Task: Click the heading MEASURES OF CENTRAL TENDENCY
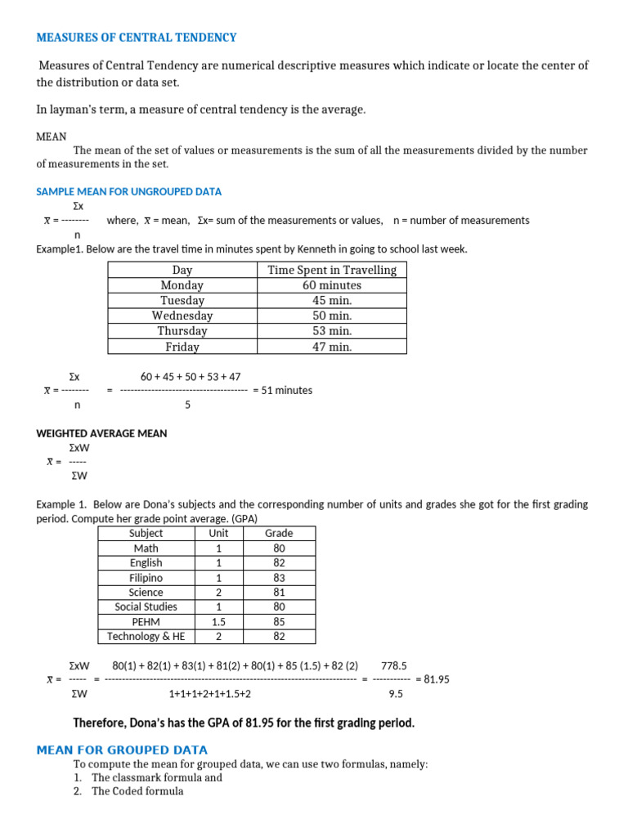(137, 38)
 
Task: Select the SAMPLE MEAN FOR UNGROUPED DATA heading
(129, 191)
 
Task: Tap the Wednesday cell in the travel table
(182, 316)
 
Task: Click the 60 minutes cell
(331, 285)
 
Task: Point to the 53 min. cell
(331, 331)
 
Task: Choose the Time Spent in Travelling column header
(331, 270)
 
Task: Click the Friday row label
(182, 347)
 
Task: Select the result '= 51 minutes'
(283, 390)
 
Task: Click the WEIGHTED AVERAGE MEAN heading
(101, 433)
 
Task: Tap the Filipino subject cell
(146, 578)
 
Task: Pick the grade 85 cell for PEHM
(279, 622)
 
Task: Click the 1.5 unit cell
(218, 622)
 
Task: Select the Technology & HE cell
(146, 637)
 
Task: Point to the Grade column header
(279, 533)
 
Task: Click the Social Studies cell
(146, 607)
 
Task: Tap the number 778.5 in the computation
(394, 665)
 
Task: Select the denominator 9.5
(395, 694)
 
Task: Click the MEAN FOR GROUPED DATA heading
(123, 750)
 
